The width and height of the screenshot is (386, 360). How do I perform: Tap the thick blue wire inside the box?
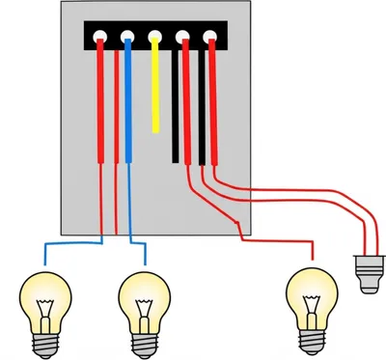click(x=127, y=106)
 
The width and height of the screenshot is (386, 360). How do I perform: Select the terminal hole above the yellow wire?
click(x=154, y=39)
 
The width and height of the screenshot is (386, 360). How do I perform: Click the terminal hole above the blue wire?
click(x=127, y=39)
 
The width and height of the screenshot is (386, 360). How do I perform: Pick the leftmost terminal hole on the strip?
click(x=100, y=39)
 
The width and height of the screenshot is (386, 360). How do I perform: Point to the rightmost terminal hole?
click(x=210, y=39)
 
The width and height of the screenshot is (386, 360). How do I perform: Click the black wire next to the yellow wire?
click(x=176, y=106)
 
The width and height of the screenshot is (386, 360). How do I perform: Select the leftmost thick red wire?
click(x=100, y=106)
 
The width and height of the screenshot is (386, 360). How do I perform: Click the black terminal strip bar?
click(x=154, y=29)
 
